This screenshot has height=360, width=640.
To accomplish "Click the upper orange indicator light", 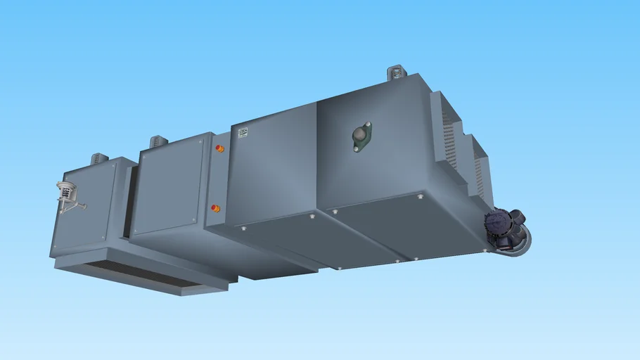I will coord(219,148).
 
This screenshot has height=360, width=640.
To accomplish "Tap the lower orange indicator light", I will coord(216,208).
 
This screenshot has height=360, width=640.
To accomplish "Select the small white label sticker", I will coord(243,132).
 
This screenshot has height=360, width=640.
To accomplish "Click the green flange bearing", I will coord(361,136).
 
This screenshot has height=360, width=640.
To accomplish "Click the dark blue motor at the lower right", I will coord(504,224).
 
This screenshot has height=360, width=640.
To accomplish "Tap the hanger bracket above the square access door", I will coord(159,142).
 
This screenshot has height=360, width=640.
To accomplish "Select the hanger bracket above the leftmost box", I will coord(99,158).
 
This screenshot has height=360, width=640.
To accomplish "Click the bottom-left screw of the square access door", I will coord(136,232).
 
